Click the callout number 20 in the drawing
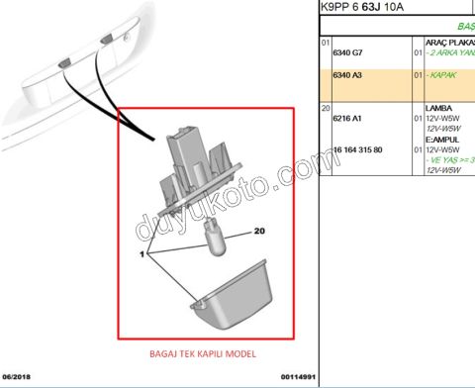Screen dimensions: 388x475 pyautogui.click(x=260, y=231)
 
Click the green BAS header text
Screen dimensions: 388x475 pyautogui.click(x=464, y=27)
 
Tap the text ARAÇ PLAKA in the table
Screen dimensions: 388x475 pyautogui.click(x=449, y=45)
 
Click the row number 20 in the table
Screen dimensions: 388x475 pyautogui.click(x=326, y=106)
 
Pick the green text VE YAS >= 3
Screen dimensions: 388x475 pyautogui.click(x=450, y=159)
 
